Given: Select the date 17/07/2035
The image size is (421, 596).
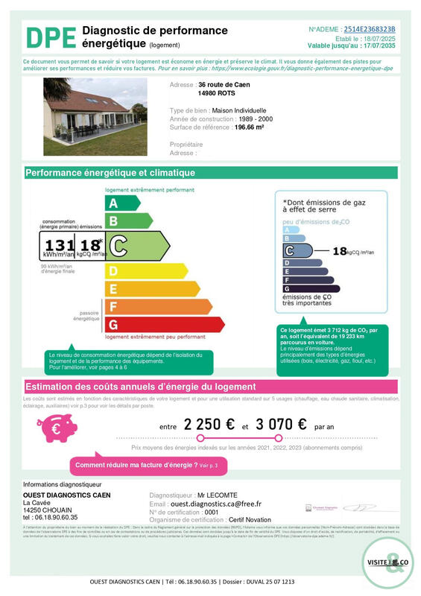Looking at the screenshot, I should pos(377,45).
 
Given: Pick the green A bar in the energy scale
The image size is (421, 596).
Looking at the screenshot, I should pos(122,203).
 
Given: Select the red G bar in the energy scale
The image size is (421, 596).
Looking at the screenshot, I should pos(164,325).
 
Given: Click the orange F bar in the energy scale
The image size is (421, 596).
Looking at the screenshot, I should pos(153,306).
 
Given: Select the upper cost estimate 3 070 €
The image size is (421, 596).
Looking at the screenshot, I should pos(281,425).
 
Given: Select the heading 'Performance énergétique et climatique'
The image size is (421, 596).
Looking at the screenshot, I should pos(110,173).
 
